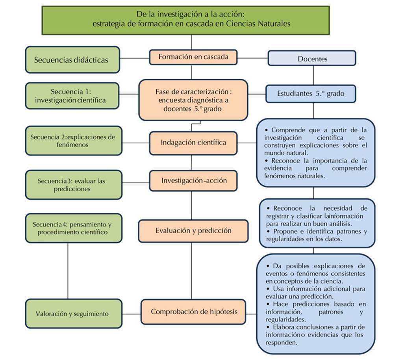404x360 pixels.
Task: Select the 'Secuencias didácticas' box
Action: click(72, 60)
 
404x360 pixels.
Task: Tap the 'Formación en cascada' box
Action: click(193, 57)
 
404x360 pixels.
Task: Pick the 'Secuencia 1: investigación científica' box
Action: click(72, 96)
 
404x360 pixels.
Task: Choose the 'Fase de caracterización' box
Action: click(193, 100)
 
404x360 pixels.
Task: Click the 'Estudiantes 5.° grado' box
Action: click(311, 94)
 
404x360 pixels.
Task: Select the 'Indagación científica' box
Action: click(193, 143)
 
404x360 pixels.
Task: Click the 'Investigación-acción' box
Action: click(193, 180)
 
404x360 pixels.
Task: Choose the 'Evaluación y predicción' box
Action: click(193, 230)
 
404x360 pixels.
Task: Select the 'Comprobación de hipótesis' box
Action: click(193, 312)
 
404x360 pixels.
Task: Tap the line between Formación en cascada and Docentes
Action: click(253, 58)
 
